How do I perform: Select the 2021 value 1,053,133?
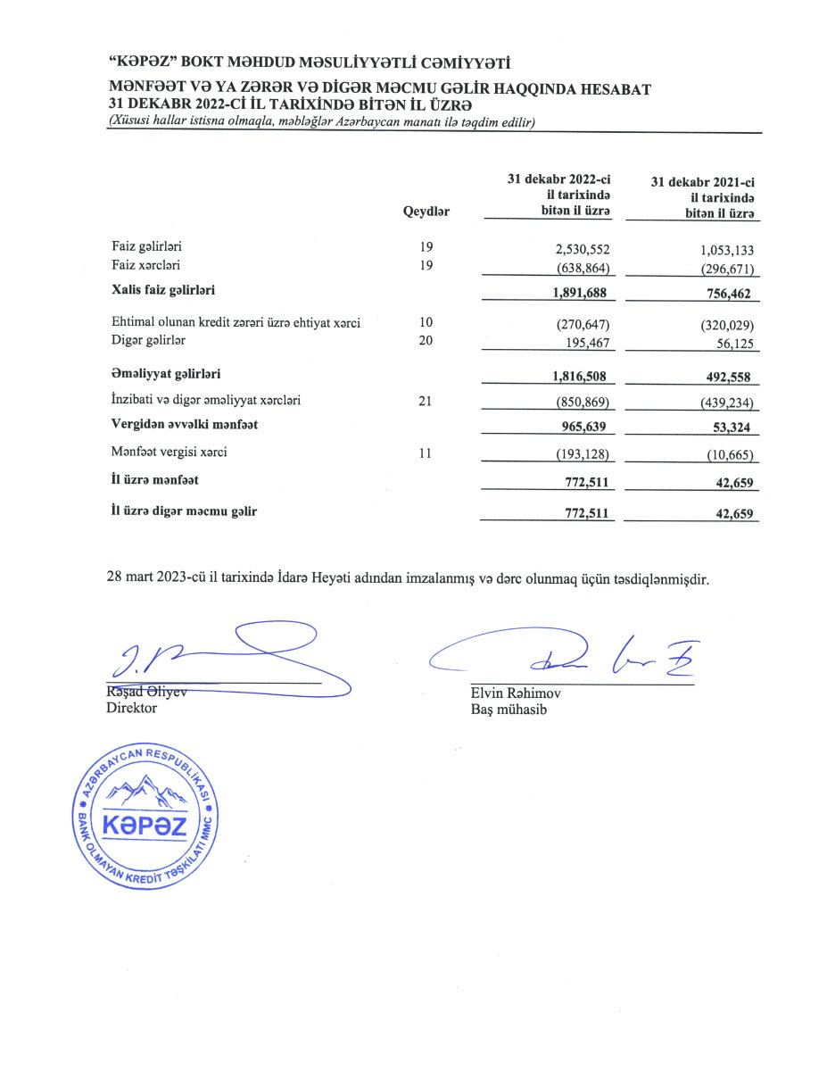(x=724, y=249)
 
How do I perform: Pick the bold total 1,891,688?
(x=580, y=292)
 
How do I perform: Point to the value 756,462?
(x=731, y=292)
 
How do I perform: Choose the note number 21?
(x=425, y=401)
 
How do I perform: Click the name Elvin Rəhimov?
(x=516, y=693)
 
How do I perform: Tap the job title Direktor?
(x=131, y=708)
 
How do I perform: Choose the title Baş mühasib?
(x=509, y=710)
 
